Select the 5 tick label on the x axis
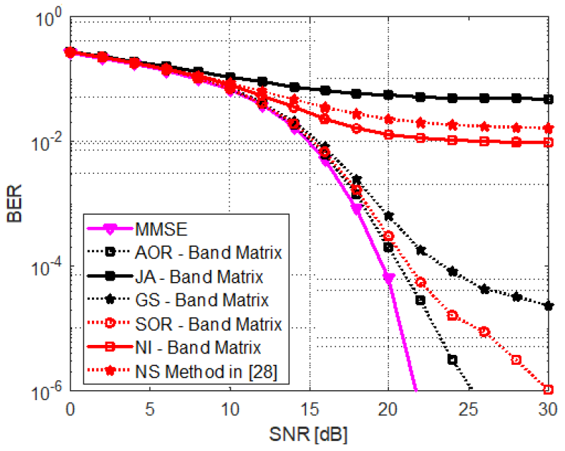tap(149, 409)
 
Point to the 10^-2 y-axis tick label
tap(49, 143)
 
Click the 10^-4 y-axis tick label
tap(49, 267)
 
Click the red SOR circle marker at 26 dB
tap(484, 331)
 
